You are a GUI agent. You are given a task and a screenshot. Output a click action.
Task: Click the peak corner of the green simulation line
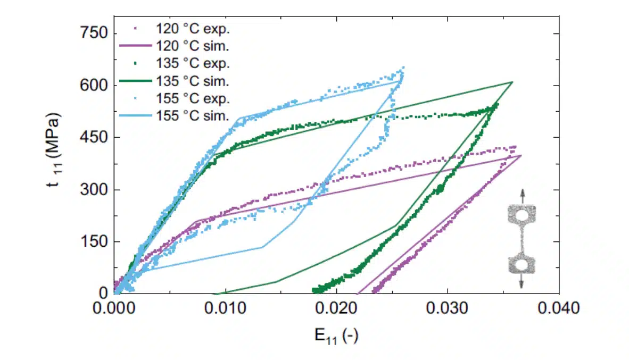click(x=512, y=82)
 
